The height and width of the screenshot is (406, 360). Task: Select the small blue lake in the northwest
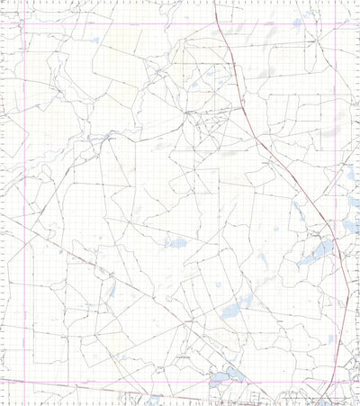coord(95,40)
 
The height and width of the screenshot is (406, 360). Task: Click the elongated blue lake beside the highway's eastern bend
coord(315,253)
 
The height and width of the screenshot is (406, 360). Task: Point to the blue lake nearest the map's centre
coord(175,241)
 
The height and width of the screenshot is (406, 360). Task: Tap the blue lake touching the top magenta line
coord(298,23)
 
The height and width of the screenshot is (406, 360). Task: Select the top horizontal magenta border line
coord(135,22)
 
